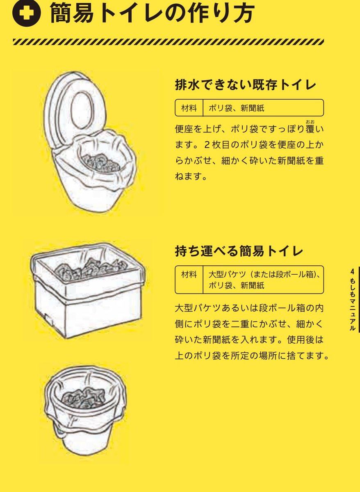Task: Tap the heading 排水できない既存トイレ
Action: click(246, 85)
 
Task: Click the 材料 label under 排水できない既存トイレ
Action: click(189, 108)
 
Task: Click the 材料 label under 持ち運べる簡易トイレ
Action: click(189, 274)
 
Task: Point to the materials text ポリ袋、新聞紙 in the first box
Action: click(237, 108)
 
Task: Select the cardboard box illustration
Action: click(88, 303)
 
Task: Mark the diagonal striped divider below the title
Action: click(168, 42)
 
